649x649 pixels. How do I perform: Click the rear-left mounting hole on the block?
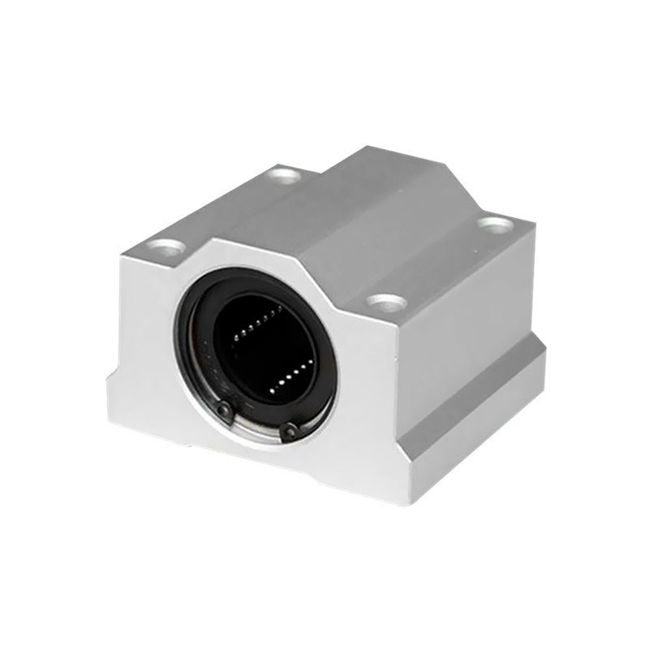(284, 173)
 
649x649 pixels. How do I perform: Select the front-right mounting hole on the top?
(386, 303)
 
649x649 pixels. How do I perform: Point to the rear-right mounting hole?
(494, 222)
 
